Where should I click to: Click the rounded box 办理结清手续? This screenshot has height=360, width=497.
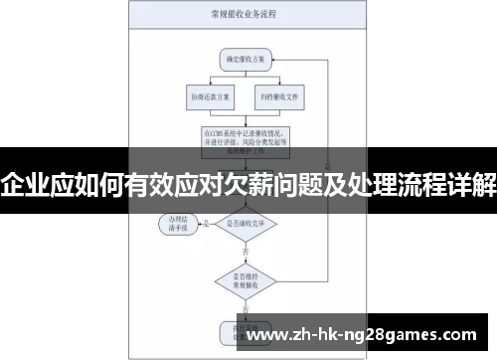(x=179, y=226)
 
